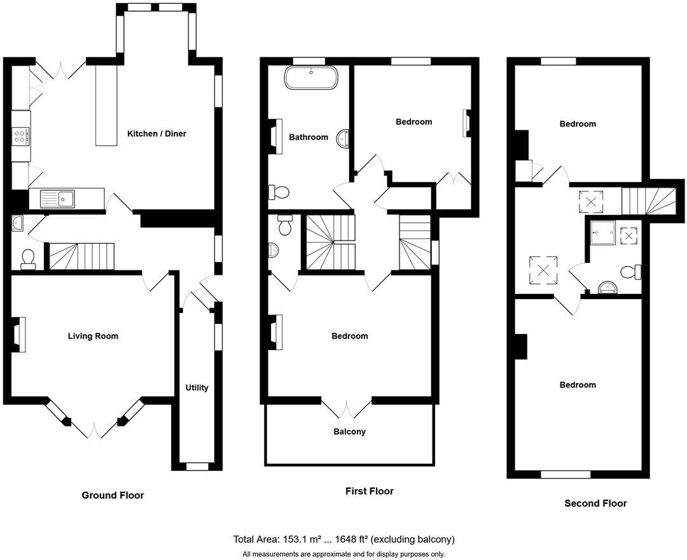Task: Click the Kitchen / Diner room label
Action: pos(156,134)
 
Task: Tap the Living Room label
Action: pos(93,336)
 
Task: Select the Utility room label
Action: pos(197,388)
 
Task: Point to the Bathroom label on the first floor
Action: pos(309,137)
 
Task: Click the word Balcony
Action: pos(349,431)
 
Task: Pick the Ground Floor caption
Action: pos(113,495)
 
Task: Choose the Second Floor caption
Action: pos(595,503)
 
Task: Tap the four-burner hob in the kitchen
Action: pos(20,135)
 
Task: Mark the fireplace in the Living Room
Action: pos(20,334)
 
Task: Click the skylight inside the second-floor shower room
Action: pos(629,236)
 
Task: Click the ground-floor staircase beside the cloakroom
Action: pos(81,256)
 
